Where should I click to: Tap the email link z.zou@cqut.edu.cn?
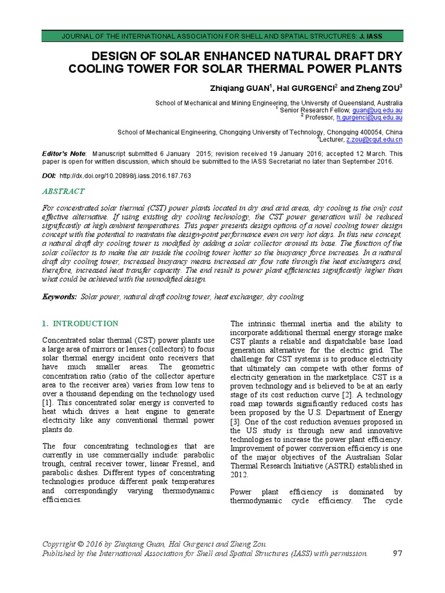[374, 140]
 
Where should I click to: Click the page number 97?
[397, 553]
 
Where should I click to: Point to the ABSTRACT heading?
[64, 191]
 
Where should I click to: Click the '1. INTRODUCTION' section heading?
[81, 323]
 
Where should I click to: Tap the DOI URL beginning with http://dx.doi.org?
[125, 175]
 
